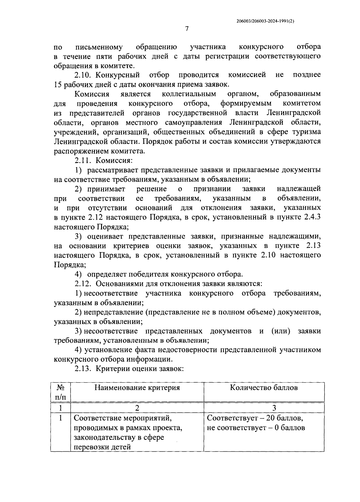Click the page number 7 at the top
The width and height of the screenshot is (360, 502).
(x=186, y=29)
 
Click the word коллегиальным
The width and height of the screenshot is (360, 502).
(x=189, y=94)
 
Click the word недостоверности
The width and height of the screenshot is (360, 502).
(x=183, y=350)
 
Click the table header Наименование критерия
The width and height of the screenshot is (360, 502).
(x=137, y=388)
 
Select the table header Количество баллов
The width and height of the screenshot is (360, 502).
(x=264, y=388)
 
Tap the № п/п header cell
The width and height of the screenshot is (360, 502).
(x=60, y=392)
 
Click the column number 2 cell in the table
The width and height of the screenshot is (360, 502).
(x=137, y=408)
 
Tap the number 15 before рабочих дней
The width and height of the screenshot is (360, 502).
(x=58, y=84)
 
